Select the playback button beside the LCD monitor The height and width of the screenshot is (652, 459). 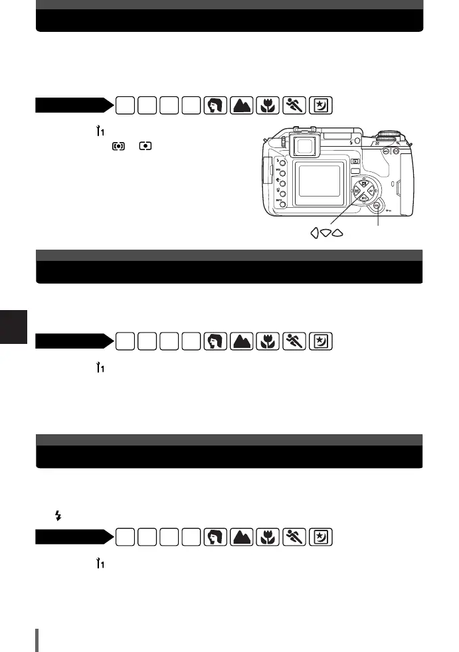click(355, 161)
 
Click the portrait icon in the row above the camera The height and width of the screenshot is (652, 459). click(215, 105)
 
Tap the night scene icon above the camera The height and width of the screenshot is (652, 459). click(320, 105)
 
